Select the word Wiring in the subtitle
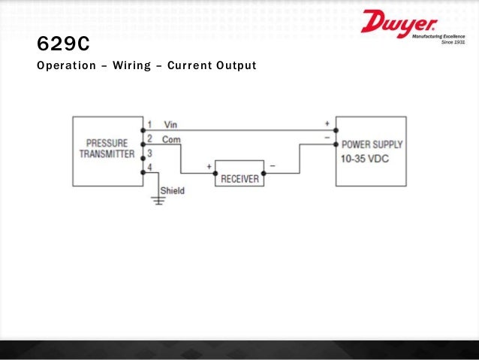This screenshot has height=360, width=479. (x=134, y=66)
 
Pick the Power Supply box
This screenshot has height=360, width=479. (x=372, y=151)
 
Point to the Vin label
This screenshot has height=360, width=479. (x=170, y=124)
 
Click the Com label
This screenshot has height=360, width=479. (x=171, y=138)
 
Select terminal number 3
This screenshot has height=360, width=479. (x=149, y=153)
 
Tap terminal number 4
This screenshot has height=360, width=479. (x=149, y=167)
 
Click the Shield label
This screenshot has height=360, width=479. (x=172, y=190)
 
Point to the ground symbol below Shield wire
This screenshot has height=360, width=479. (x=159, y=199)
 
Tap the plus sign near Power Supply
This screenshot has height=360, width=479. (x=327, y=122)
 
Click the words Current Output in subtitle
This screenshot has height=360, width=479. (x=212, y=66)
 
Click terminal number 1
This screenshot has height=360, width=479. (x=149, y=124)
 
